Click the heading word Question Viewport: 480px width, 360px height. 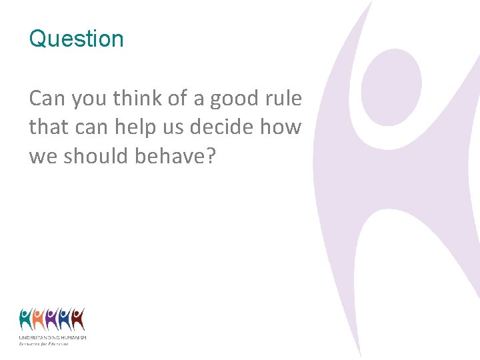[76, 39]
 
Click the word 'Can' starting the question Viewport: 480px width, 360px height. [47, 99]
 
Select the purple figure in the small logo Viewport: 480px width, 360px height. [52, 319]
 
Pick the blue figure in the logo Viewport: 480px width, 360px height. [65, 319]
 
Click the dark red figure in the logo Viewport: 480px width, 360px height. [78, 319]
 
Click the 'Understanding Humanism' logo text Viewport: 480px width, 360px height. [53, 338]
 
